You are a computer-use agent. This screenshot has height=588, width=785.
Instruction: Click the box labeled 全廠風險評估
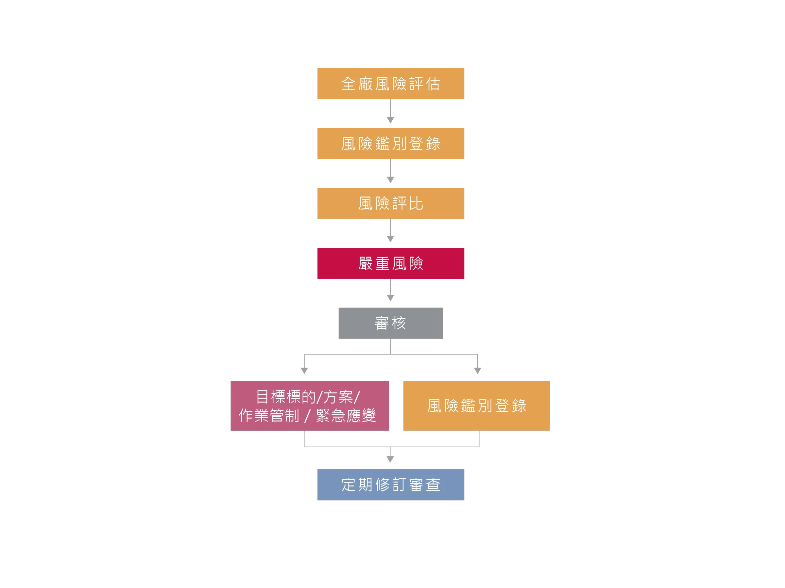coord(391,84)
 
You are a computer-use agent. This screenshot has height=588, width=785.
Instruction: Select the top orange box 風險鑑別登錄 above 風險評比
coord(391,144)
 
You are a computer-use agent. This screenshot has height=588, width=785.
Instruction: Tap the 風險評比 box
coord(391,203)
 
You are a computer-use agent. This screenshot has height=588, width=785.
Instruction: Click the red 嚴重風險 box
coord(391,263)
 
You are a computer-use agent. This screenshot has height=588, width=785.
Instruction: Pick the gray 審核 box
coord(391,323)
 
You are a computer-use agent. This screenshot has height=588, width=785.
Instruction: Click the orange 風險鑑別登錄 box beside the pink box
coord(476,405)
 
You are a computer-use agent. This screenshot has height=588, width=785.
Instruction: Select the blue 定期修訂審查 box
coord(391,485)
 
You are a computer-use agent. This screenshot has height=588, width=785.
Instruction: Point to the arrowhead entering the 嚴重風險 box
coord(390,239)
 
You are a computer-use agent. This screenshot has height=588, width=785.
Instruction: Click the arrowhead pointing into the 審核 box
coord(390,298)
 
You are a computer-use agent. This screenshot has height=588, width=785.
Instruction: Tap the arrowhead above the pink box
coord(304,371)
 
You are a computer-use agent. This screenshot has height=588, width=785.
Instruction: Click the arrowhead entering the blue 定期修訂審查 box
coord(390,459)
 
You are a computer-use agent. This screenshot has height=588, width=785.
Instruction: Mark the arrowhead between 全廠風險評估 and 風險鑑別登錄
coord(390,120)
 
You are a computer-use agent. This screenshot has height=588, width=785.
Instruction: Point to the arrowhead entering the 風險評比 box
coord(390,180)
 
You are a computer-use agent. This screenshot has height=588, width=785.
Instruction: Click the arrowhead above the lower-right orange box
coord(477,371)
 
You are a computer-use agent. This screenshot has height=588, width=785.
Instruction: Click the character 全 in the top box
coord(348,84)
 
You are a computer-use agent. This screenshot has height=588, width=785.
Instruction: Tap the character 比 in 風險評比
coord(416,204)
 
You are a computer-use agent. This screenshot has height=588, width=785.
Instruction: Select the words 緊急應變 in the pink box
coord(346,415)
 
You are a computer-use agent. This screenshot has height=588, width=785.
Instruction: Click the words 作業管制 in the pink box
coord(269,415)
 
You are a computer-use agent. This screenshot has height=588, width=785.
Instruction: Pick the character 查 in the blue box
coord(433,485)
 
